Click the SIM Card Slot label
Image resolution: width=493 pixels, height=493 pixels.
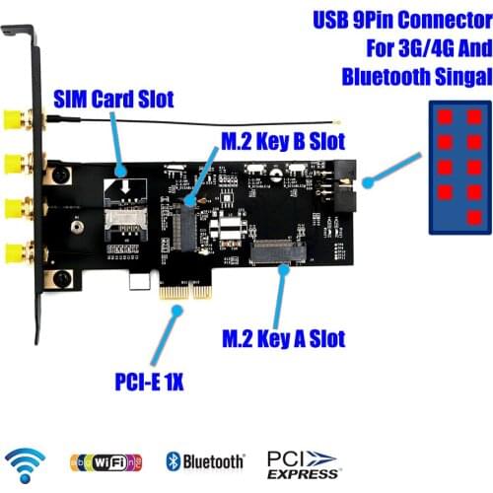coord(112,99)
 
